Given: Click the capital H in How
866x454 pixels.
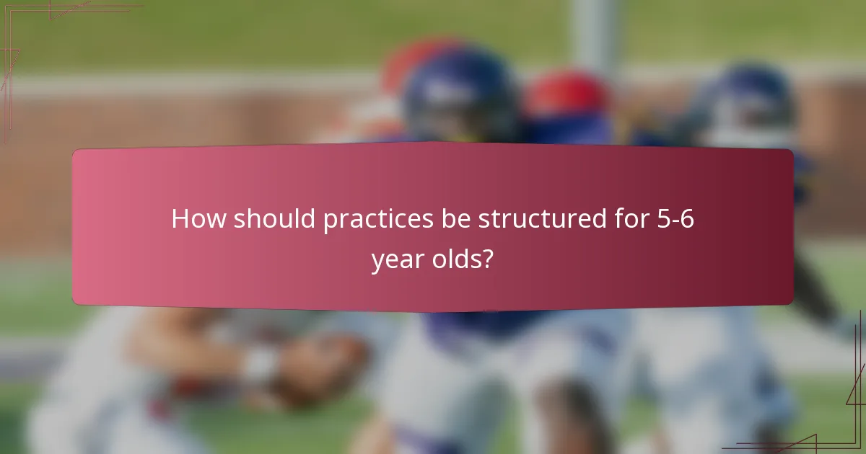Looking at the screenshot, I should [x=180, y=218].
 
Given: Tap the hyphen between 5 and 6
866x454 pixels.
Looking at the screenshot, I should [x=673, y=221].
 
